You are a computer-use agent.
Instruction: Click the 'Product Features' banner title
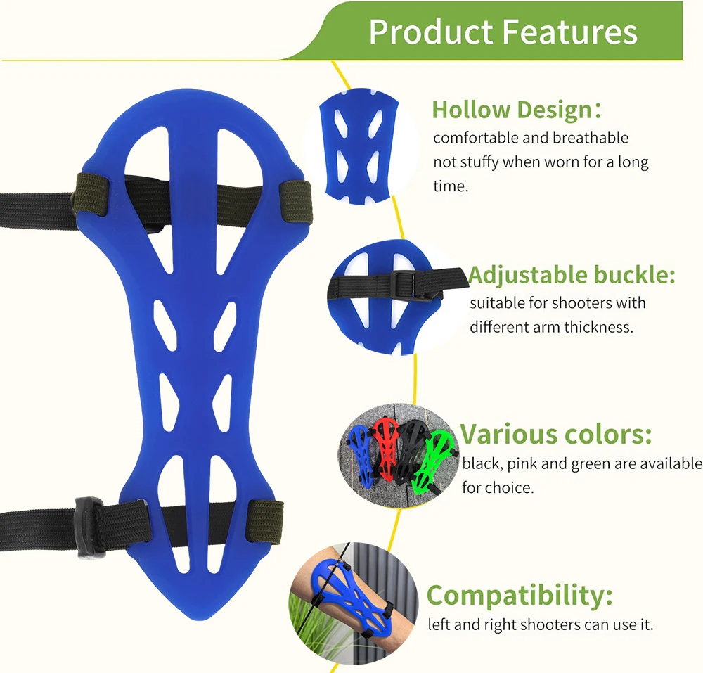pyautogui.click(x=503, y=32)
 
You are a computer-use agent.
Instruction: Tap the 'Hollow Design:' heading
pyautogui.click(x=517, y=110)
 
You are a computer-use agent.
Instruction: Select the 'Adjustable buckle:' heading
pyautogui.click(x=572, y=274)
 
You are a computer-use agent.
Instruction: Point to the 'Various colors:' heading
pyautogui.click(x=556, y=434)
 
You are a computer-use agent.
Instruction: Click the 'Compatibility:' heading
pyautogui.click(x=520, y=595)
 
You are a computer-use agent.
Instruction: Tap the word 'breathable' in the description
pyautogui.click(x=591, y=138)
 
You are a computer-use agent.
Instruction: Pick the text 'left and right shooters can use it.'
pyautogui.click(x=540, y=624)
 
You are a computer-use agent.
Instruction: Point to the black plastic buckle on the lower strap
pyautogui.click(x=91, y=527)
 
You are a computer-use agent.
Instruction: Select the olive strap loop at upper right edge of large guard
pyautogui.click(x=295, y=202)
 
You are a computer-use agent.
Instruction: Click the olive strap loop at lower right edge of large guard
pyautogui.click(x=266, y=521)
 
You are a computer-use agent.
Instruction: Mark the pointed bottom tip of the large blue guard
pyautogui.click(x=201, y=620)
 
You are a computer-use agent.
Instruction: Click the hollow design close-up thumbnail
pyautogui.click(x=359, y=146)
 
